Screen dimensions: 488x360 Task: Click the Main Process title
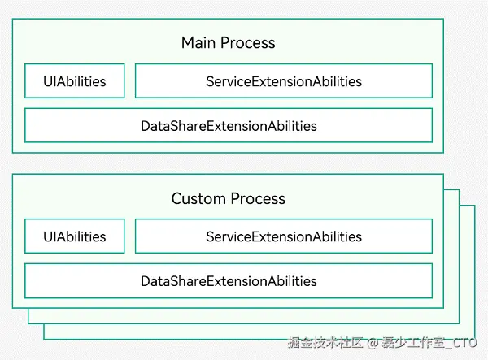tap(228, 43)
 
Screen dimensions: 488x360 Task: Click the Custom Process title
tap(228, 199)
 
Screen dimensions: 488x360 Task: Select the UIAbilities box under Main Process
tap(75, 81)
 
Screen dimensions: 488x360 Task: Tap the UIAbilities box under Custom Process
tap(75, 236)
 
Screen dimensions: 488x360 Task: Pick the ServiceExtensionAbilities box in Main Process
tap(283, 81)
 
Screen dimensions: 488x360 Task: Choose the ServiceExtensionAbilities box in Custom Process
tap(283, 236)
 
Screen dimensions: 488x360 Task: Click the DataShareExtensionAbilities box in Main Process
tap(229, 126)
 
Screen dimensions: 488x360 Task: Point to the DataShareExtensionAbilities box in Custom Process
tap(229, 281)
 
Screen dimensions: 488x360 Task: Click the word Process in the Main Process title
tap(249, 43)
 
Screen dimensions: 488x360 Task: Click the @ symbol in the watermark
tap(372, 343)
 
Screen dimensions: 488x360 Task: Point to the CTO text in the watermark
tap(466, 343)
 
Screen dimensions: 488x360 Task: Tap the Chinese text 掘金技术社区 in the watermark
tap(325, 343)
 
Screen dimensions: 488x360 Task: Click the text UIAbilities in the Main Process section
tap(75, 81)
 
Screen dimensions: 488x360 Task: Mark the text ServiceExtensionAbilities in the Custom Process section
tap(283, 236)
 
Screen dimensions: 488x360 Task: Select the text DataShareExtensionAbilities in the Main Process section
tap(229, 126)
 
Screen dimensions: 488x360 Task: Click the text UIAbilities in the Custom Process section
tap(75, 236)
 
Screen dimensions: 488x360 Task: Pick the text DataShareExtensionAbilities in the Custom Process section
tap(229, 281)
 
